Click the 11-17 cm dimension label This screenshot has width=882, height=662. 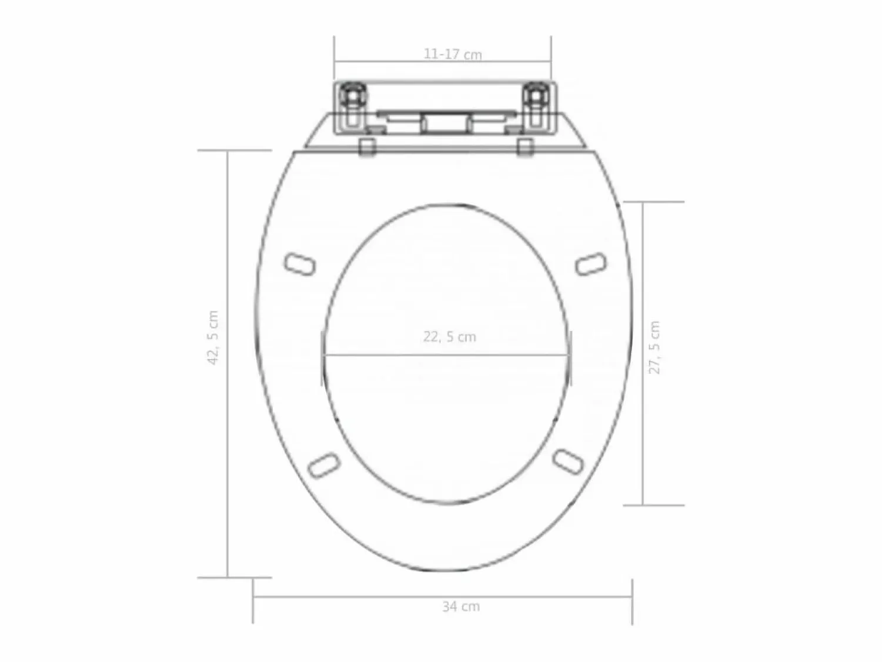pos(452,54)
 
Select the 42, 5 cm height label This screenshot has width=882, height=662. pos(213,337)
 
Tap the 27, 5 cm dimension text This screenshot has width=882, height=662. pos(654,347)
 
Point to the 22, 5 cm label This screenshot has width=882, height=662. pos(450,337)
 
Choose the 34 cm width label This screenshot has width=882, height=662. pos(461,606)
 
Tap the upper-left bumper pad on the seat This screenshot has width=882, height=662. pos(300,265)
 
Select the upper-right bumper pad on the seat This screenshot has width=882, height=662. pos(591,264)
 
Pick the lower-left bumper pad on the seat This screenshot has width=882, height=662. pos(324,465)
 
